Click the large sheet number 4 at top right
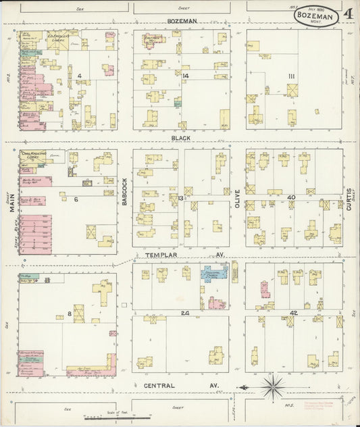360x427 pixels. click(x=348, y=14)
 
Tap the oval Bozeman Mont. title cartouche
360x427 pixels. click(x=316, y=16)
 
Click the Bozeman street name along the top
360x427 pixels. click(x=182, y=21)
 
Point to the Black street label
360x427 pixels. click(x=180, y=138)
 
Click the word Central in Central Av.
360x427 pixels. click(x=159, y=386)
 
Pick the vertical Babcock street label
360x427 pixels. click(x=125, y=191)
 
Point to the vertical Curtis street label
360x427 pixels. click(x=349, y=199)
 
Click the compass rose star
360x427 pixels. click(x=274, y=387)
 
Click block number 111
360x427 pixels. click(x=291, y=76)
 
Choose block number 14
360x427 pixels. click(x=184, y=76)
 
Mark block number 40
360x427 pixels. click(x=291, y=197)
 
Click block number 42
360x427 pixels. click(x=292, y=313)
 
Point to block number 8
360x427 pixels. click(x=70, y=314)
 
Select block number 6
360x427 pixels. click(x=76, y=199)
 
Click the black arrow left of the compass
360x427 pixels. click(x=247, y=388)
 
